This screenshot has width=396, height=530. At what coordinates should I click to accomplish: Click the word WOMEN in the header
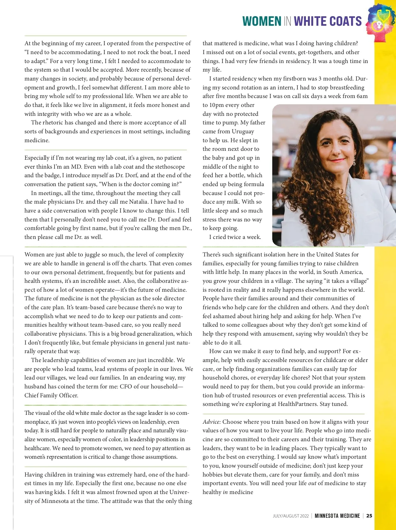coord(262,21)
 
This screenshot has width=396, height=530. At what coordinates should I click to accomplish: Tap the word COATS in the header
coord(345,21)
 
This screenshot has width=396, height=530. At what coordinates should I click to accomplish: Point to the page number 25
coord(369,516)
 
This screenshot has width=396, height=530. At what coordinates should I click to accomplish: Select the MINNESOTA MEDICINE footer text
coord(337,516)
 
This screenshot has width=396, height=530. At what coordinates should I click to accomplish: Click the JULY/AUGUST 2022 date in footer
coord(291,516)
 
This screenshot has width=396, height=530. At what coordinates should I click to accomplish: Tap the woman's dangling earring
coord(354,161)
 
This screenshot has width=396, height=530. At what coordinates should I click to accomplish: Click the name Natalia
coord(134,202)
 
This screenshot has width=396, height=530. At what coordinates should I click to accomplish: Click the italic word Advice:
coord(212,422)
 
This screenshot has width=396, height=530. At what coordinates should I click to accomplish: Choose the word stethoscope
coord(167,167)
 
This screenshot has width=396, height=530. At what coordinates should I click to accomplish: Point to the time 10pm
coord(217,105)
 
